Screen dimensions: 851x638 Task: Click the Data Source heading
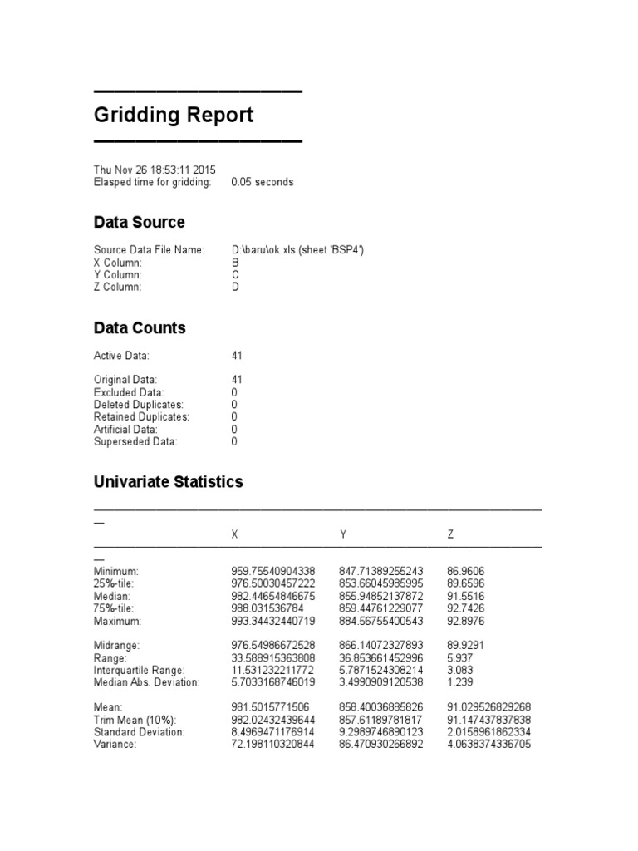click(x=139, y=223)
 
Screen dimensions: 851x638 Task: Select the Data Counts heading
click(x=140, y=328)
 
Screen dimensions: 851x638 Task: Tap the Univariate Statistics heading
click(x=168, y=482)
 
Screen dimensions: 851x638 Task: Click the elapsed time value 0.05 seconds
click(x=262, y=182)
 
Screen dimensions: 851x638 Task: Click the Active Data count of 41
click(x=237, y=356)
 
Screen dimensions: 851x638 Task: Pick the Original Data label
click(x=125, y=380)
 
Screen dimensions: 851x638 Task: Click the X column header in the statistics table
click(x=234, y=535)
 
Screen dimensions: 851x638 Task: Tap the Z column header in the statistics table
click(x=450, y=535)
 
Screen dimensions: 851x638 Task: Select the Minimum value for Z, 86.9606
click(x=465, y=572)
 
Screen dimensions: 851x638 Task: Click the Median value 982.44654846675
click(x=272, y=597)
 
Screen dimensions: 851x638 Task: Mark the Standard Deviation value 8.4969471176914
click(x=272, y=732)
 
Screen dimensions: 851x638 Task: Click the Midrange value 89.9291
click(x=465, y=645)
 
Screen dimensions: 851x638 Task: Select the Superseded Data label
click(x=135, y=442)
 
